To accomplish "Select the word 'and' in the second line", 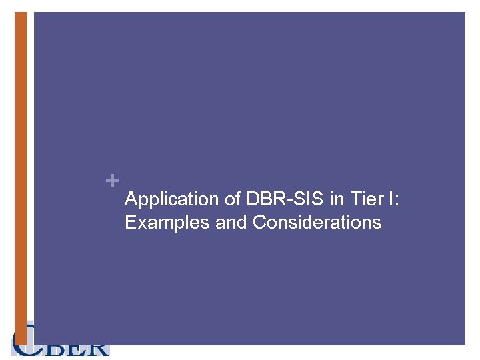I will pos(231,222).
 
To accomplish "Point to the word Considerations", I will pos(317,222).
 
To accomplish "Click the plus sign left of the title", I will pos(113,180).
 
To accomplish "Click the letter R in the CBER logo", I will pos(97,349).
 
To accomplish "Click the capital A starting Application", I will pos(131,199).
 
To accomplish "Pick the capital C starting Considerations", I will pos(259,222).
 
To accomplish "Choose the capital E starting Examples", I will pos(130,222).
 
